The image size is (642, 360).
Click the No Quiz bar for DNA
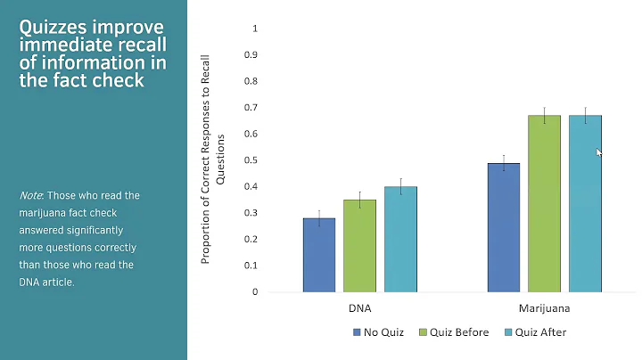click(x=318, y=255)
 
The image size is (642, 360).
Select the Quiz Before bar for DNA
click(x=359, y=246)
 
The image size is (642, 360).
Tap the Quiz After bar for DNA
click(x=400, y=239)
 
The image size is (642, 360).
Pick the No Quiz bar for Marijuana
click(x=504, y=227)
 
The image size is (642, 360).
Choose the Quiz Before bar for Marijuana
click(x=544, y=203)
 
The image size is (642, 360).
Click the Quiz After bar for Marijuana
click(x=585, y=203)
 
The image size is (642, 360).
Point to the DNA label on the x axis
click(x=359, y=308)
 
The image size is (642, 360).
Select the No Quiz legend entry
click(x=378, y=332)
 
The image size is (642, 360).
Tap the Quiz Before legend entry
click(x=453, y=332)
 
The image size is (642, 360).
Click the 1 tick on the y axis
click(x=255, y=28)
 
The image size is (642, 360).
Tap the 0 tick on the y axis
click(x=255, y=291)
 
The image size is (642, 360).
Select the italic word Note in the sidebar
click(x=29, y=195)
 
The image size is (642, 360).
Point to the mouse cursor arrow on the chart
click(x=598, y=151)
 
